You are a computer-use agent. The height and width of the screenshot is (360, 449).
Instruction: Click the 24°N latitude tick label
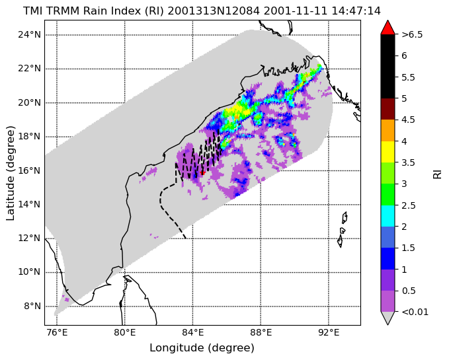30,34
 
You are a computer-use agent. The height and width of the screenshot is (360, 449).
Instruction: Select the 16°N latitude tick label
30,170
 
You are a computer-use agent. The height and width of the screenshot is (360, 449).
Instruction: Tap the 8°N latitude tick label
32,306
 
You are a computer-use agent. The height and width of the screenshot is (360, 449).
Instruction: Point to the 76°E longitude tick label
57,333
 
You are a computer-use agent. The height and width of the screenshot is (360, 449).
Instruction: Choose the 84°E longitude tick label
192,333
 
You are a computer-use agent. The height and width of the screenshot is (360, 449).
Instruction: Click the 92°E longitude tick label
329,333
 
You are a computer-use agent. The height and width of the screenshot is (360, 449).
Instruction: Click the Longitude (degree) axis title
202,348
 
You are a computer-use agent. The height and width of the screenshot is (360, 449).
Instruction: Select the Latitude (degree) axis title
11,172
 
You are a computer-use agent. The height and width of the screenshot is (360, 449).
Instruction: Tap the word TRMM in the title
63,11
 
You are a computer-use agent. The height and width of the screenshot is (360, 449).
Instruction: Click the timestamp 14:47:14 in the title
356,11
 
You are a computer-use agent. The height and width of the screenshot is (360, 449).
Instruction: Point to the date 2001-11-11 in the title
296,11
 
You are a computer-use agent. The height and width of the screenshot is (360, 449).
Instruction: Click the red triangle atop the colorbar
388,28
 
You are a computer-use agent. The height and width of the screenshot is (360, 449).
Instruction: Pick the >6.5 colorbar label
412,34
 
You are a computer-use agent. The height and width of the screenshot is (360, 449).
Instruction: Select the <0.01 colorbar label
415,312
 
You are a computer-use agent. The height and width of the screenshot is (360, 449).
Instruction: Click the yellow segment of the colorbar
388,152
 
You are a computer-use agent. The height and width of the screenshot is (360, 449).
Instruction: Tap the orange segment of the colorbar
388,130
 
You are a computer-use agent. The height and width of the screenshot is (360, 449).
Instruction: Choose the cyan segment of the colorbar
388,216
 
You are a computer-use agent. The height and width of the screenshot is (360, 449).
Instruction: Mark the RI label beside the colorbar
437,173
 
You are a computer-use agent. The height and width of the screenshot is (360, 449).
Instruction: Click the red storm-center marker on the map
202,172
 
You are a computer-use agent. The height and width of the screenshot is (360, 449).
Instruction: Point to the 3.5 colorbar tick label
409,162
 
